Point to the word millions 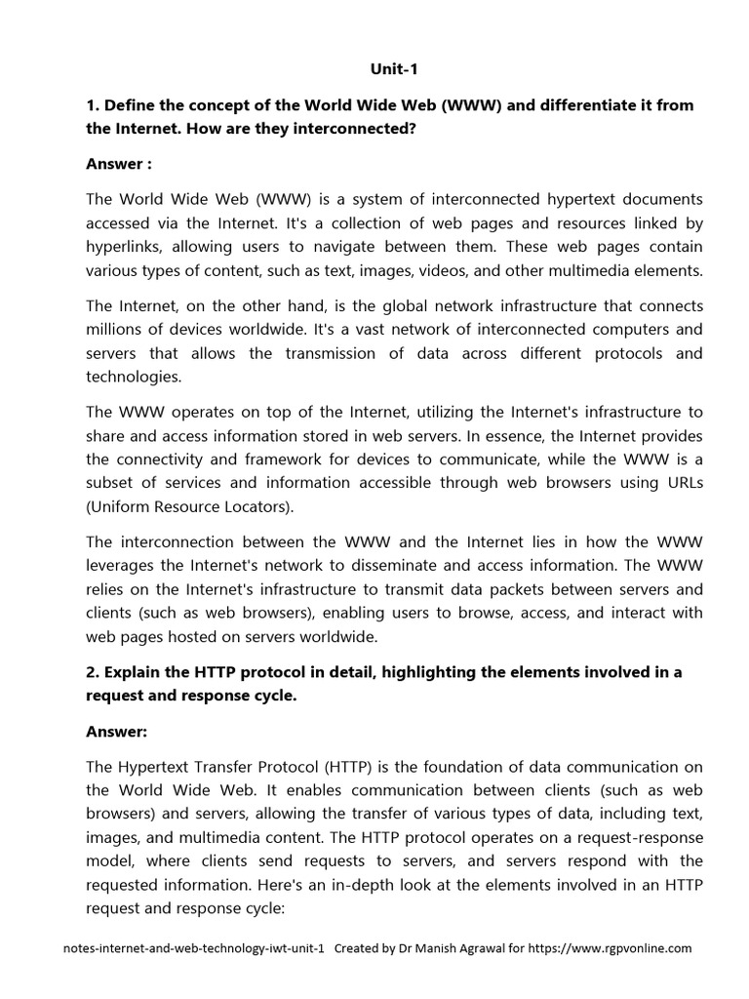click(117, 330)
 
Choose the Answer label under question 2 click(119, 729)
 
